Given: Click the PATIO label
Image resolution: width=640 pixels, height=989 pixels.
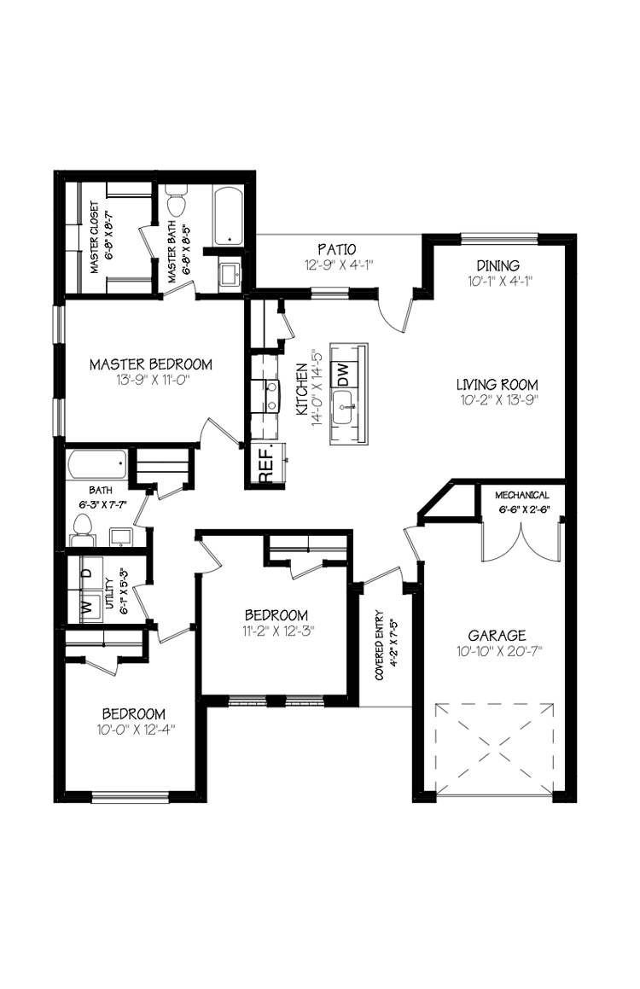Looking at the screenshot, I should coord(336,249).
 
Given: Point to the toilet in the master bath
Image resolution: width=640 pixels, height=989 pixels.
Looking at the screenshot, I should coord(177,203).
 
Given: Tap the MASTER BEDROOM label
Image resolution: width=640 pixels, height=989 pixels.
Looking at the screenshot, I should coord(151,364).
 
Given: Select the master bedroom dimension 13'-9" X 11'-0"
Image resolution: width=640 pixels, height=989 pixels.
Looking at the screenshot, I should coord(151,381).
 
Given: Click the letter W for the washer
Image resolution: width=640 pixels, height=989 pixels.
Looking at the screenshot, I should coord(86,607).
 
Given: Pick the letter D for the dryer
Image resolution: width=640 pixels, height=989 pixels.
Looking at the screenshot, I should coord(86,573).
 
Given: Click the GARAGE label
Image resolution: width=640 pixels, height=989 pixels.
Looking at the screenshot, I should coord(497,636).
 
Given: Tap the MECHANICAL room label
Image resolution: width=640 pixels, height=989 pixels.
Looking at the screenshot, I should coord(522,496).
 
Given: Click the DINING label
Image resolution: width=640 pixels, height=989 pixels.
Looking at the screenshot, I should coord(497,265).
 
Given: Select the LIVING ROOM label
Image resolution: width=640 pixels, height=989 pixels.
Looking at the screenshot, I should coord(497,385).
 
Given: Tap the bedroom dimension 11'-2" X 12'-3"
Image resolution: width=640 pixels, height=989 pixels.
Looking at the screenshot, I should coord(276,632).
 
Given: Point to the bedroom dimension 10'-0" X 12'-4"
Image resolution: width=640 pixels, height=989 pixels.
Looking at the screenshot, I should coord(134,730).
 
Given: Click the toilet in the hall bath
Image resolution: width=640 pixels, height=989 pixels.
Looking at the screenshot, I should coord(84,535).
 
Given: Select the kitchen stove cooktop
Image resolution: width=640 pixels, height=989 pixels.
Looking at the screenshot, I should coord(265,395).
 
